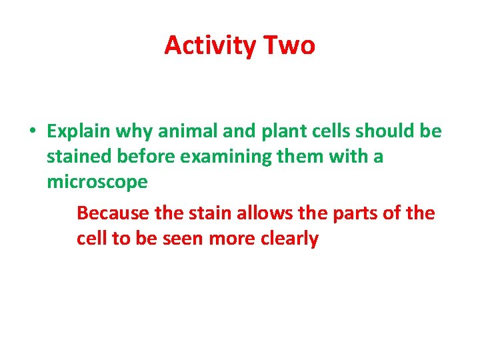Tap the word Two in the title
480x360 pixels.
tap(289, 46)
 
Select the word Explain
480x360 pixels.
tap(79, 132)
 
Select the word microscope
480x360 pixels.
tap(97, 182)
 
